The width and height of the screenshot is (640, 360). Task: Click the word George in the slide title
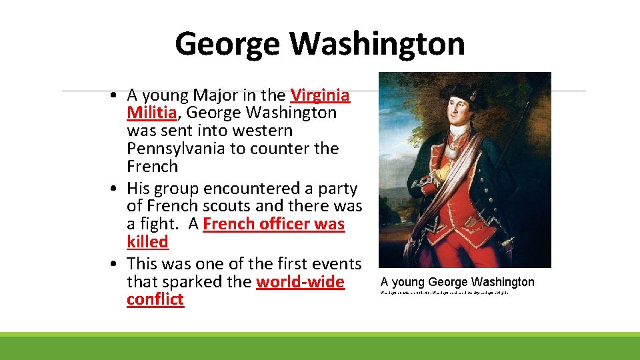tap(228, 45)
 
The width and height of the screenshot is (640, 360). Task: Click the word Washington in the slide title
tap(377, 45)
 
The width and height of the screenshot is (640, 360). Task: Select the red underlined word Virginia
tap(320, 95)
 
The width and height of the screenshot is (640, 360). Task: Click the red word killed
tap(147, 241)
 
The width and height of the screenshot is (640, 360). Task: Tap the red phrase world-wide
tap(300, 282)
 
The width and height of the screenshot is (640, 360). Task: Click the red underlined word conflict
tap(155, 299)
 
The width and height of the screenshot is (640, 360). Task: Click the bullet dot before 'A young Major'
tap(115, 95)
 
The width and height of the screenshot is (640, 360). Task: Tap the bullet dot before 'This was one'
tap(115, 264)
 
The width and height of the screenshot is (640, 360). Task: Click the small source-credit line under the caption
tap(444, 293)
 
